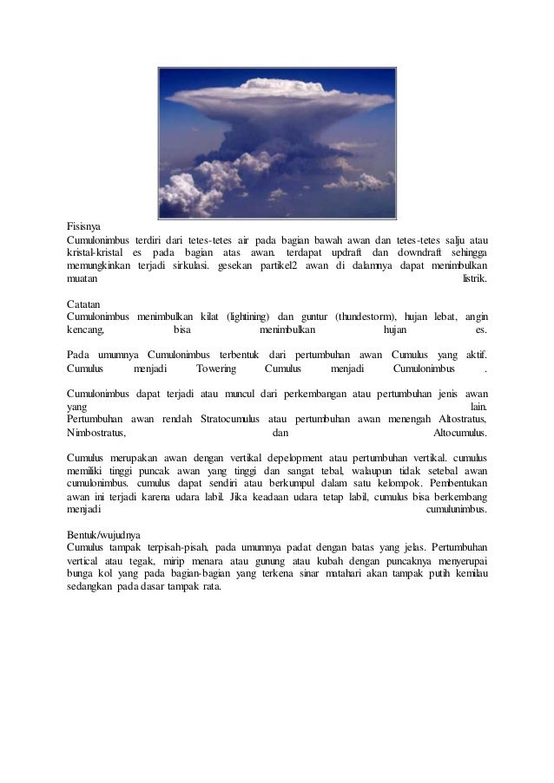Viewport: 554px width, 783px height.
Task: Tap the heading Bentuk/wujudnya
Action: coord(106,535)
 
